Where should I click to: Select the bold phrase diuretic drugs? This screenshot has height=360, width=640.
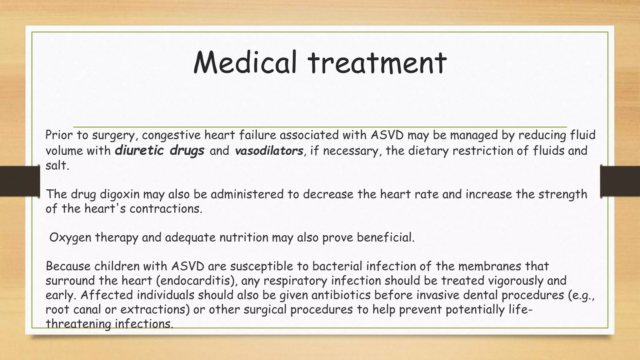coord(159,151)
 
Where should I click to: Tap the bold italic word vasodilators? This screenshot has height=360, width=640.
coord(269,151)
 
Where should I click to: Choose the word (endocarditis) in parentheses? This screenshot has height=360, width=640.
coord(196,281)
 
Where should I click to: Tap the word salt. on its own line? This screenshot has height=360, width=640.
coord(57,165)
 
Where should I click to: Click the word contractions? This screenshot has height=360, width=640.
coord(166,209)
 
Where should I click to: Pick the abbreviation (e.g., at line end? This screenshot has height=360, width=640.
coord(580,295)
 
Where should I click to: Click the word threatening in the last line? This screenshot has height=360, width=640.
coord(78,324)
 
